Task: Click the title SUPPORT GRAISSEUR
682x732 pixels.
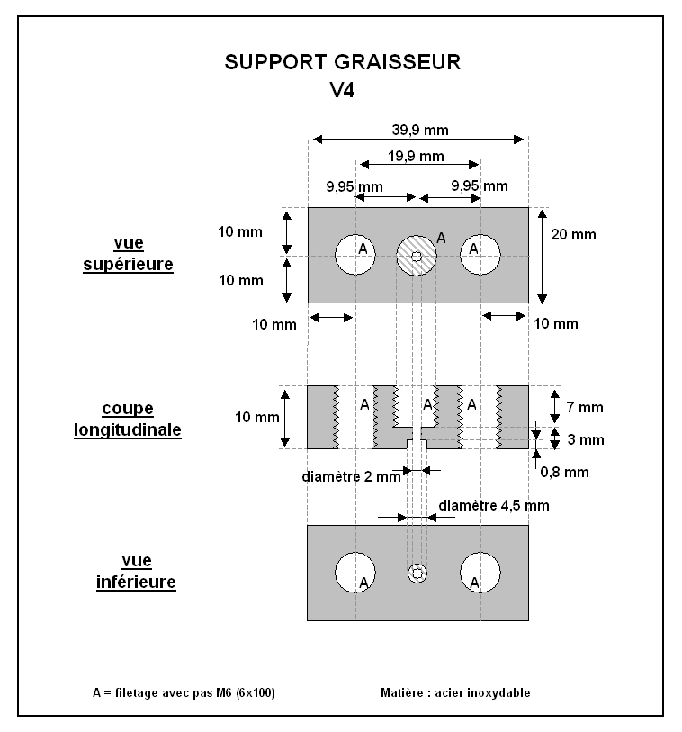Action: tap(343, 62)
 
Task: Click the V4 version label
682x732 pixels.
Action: tap(343, 90)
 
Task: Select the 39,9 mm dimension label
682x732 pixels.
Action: tap(420, 130)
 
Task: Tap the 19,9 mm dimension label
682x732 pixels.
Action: tap(416, 156)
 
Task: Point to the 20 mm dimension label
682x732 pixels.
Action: tap(573, 234)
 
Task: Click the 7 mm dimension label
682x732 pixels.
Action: tap(585, 407)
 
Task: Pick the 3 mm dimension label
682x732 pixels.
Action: tap(586, 439)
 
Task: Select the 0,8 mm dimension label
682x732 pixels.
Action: tap(564, 472)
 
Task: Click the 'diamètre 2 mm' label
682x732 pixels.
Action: tap(351, 476)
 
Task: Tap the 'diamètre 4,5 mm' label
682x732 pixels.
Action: tap(494, 506)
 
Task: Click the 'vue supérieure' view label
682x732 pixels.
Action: tap(129, 254)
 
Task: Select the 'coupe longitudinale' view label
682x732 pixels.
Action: tap(128, 420)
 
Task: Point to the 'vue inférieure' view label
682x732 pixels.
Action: tap(136, 572)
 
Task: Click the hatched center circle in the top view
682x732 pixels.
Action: tap(417, 256)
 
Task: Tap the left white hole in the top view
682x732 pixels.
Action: tap(355, 255)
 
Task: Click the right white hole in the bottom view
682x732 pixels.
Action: tap(480, 573)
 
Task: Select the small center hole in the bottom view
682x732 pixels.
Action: tap(417, 573)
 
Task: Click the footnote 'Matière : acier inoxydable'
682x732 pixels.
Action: tap(455, 692)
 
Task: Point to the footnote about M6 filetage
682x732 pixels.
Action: tap(184, 692)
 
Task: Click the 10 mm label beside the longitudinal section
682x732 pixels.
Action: tap(256, 418)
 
